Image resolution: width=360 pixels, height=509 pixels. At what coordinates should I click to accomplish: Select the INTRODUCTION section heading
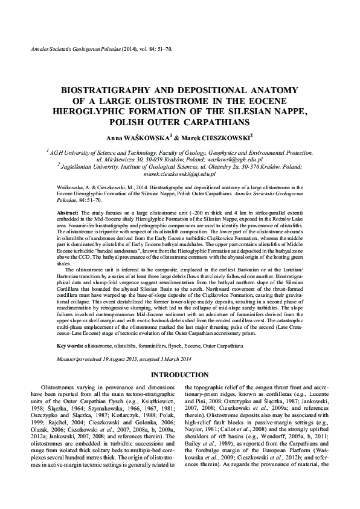click(179, 375)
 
